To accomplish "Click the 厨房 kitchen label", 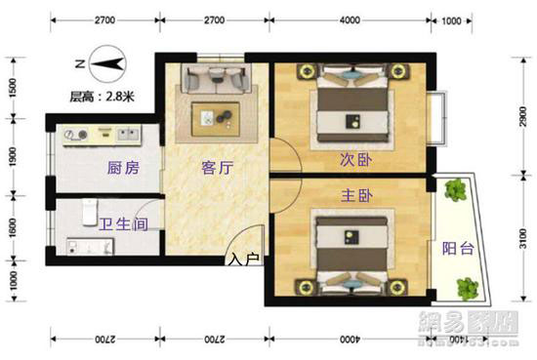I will coord(122,168).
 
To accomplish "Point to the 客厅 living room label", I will coord(216,168).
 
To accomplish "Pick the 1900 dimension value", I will coord(11,156).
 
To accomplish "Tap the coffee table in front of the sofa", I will coord(216,116).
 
